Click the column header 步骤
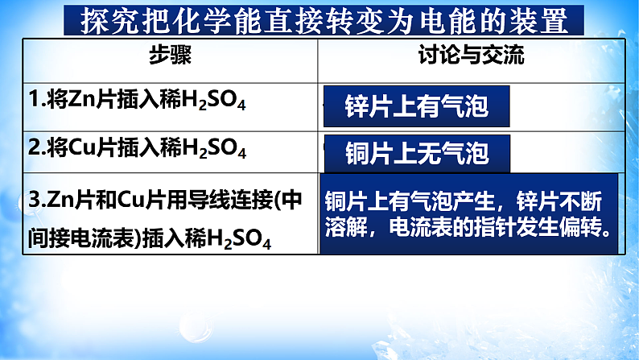(170, 56)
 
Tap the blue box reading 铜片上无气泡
(416, 152)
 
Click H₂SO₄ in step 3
(236, 240)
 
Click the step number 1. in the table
(37, 101)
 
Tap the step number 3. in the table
(37, 201)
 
